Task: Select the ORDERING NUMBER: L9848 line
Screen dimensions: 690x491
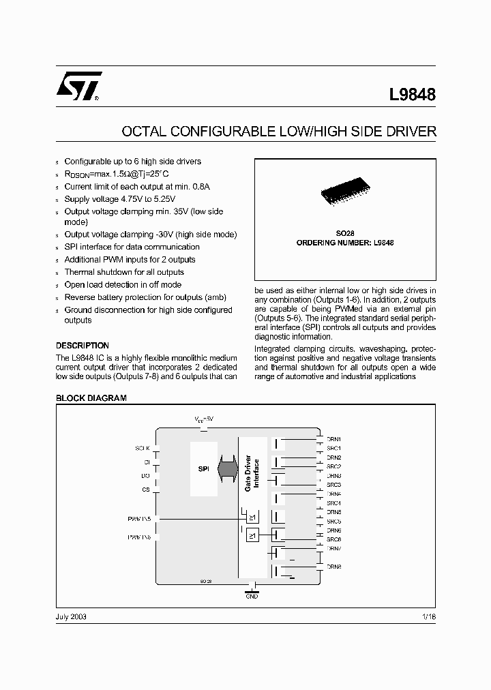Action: (x=345, y=243)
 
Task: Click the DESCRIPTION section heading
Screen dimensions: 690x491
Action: (x=82, y=346)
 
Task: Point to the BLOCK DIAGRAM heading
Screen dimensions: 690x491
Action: (x=91, y=398)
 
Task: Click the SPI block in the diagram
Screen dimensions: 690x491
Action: (x=203, y=470)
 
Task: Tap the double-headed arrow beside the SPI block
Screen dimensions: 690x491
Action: (x=226, y=470)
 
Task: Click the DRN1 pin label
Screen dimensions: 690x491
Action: (x=333, y=439)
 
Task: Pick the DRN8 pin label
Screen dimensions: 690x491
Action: (x=333, y=567)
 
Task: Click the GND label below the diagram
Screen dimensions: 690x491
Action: (x=252, y=597)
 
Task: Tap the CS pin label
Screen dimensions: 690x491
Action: (x=145, y=490)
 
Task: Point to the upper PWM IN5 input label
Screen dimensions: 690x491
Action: (x=138, y=519)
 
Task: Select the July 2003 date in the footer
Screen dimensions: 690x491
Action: (x=70, y=616)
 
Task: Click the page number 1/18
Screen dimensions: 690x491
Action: (x=429, y=616)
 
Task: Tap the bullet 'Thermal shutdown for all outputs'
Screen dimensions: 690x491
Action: (x=124, y=272)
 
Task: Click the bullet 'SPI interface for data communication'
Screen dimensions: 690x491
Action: (x=132, y=247)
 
